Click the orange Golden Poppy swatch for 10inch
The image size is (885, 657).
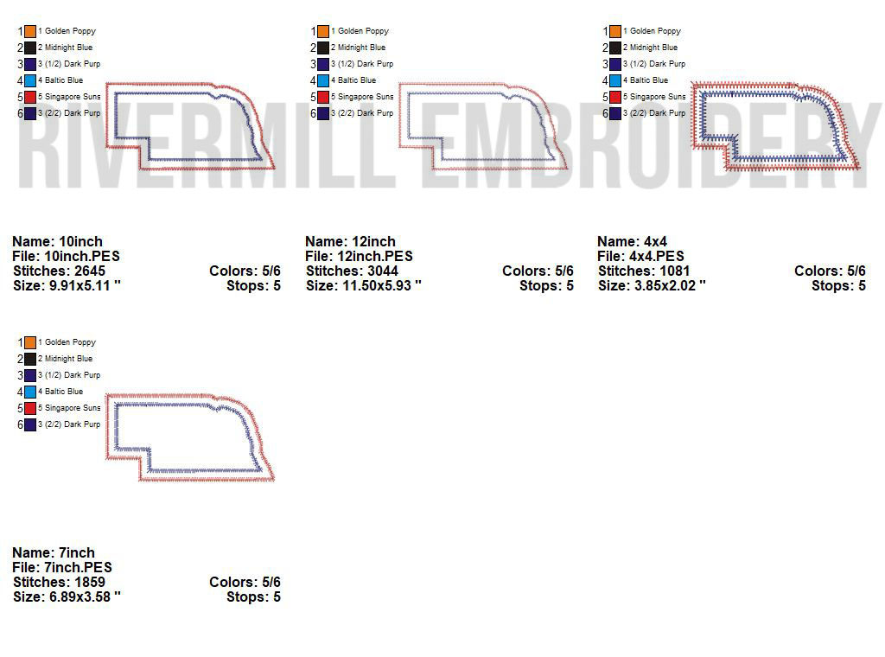[30, 31]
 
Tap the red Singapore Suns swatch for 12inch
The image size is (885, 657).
[323, 97]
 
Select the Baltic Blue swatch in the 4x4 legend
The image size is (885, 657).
[615, 80]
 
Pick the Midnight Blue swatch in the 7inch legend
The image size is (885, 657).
[30, 359]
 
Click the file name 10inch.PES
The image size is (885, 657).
[82, 256]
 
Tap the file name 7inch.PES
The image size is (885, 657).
[78, 567]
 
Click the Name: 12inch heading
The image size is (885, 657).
[351, 241]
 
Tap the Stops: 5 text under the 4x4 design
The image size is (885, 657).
[838, 285]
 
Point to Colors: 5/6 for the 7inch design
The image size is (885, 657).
[245, 582]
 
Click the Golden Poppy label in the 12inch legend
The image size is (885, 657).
[360, 31]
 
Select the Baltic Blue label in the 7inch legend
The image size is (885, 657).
[60, 391]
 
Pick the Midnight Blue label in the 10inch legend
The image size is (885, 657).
[66, 48]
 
